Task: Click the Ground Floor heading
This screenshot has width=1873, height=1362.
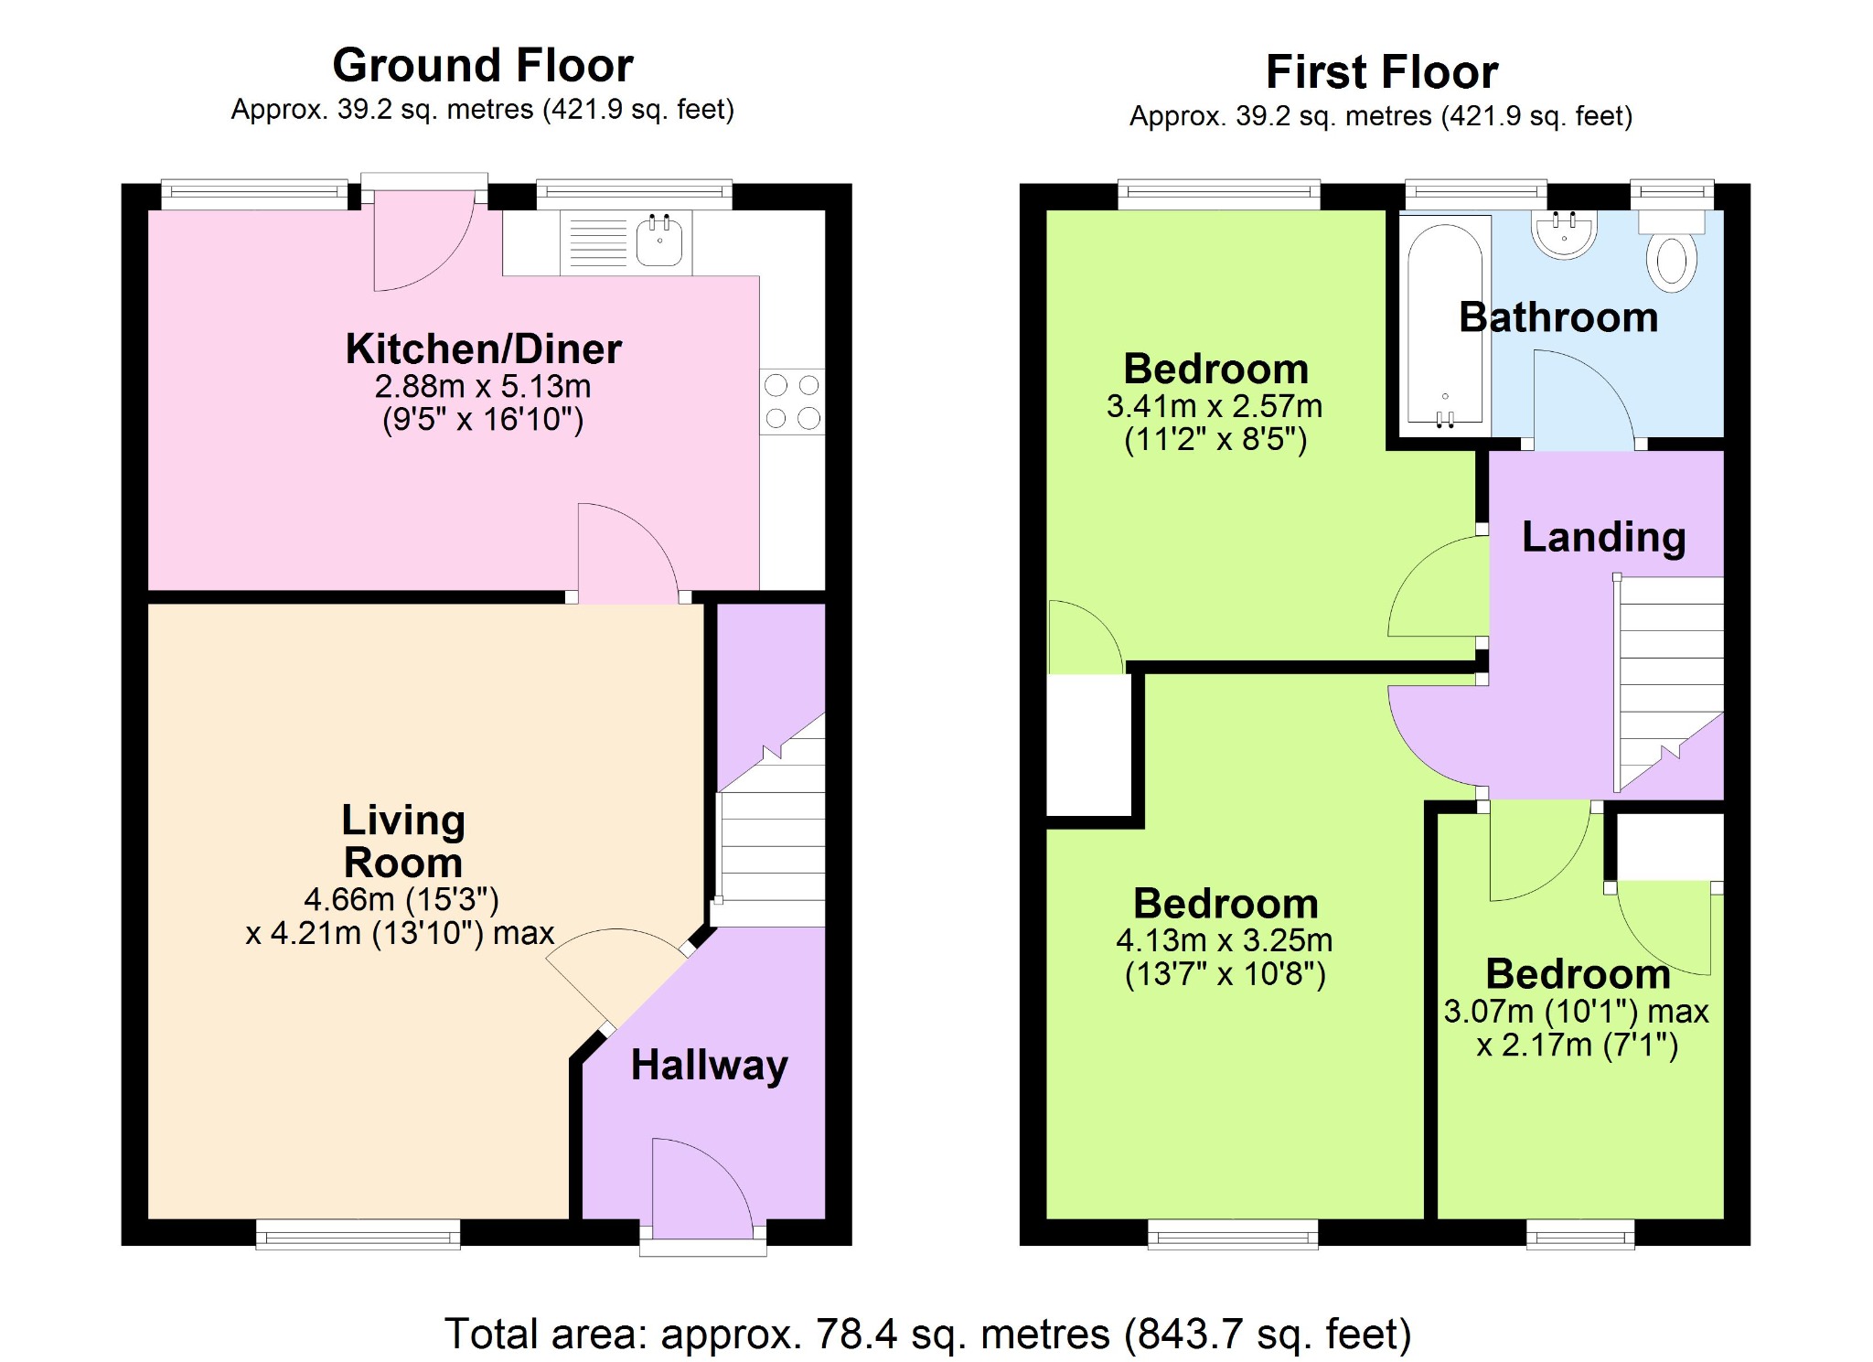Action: coord(483,65)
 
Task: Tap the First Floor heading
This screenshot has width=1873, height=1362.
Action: coord(1382,72)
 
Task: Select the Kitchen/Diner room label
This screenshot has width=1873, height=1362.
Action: coord(484,349)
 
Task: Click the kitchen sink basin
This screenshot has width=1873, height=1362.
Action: coord(659,241)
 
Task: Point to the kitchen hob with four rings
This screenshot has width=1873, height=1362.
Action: coord(792,402)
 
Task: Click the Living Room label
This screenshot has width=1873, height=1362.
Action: coord(403,841)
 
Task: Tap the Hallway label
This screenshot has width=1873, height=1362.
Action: coord(710,1066)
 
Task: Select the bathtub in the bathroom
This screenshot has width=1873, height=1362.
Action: coord(1445,325)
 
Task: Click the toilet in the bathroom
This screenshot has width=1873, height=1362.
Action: coord(1672,252)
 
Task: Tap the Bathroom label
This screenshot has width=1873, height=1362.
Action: coord(1558,317)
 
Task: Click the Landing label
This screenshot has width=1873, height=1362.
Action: coord(1603,537)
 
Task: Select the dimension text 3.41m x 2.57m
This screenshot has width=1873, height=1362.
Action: coord(1215,406)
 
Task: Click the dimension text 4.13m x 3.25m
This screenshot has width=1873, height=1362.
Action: coord(1225,940)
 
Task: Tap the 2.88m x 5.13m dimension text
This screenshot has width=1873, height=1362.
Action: coord(483,386)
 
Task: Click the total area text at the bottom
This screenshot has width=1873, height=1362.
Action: coord(928,1335)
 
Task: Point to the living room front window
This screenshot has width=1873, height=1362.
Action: coord(358,1234)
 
